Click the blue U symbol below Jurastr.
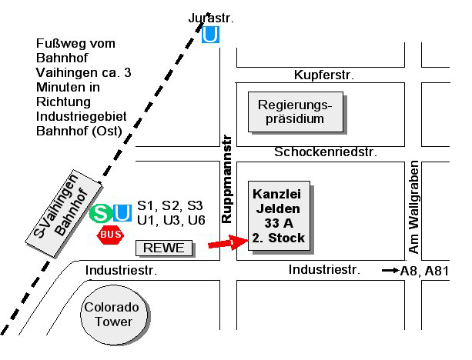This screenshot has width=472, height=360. [210, 35]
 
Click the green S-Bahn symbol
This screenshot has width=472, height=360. [99, 213]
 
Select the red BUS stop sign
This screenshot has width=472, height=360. [110, 234]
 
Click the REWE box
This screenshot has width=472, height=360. [165, 248]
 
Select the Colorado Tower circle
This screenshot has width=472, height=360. [113, 314]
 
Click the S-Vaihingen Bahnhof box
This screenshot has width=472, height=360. [67, 215]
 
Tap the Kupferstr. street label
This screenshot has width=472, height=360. [323, 75]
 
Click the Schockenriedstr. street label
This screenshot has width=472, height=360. [326, 152]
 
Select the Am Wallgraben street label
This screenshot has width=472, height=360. [414, 208]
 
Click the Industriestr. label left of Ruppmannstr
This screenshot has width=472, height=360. [121, 270]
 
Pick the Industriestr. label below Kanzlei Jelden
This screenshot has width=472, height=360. [324, 269]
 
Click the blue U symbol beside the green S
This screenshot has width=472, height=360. [122, 213]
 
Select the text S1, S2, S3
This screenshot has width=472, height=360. [169, 205]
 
